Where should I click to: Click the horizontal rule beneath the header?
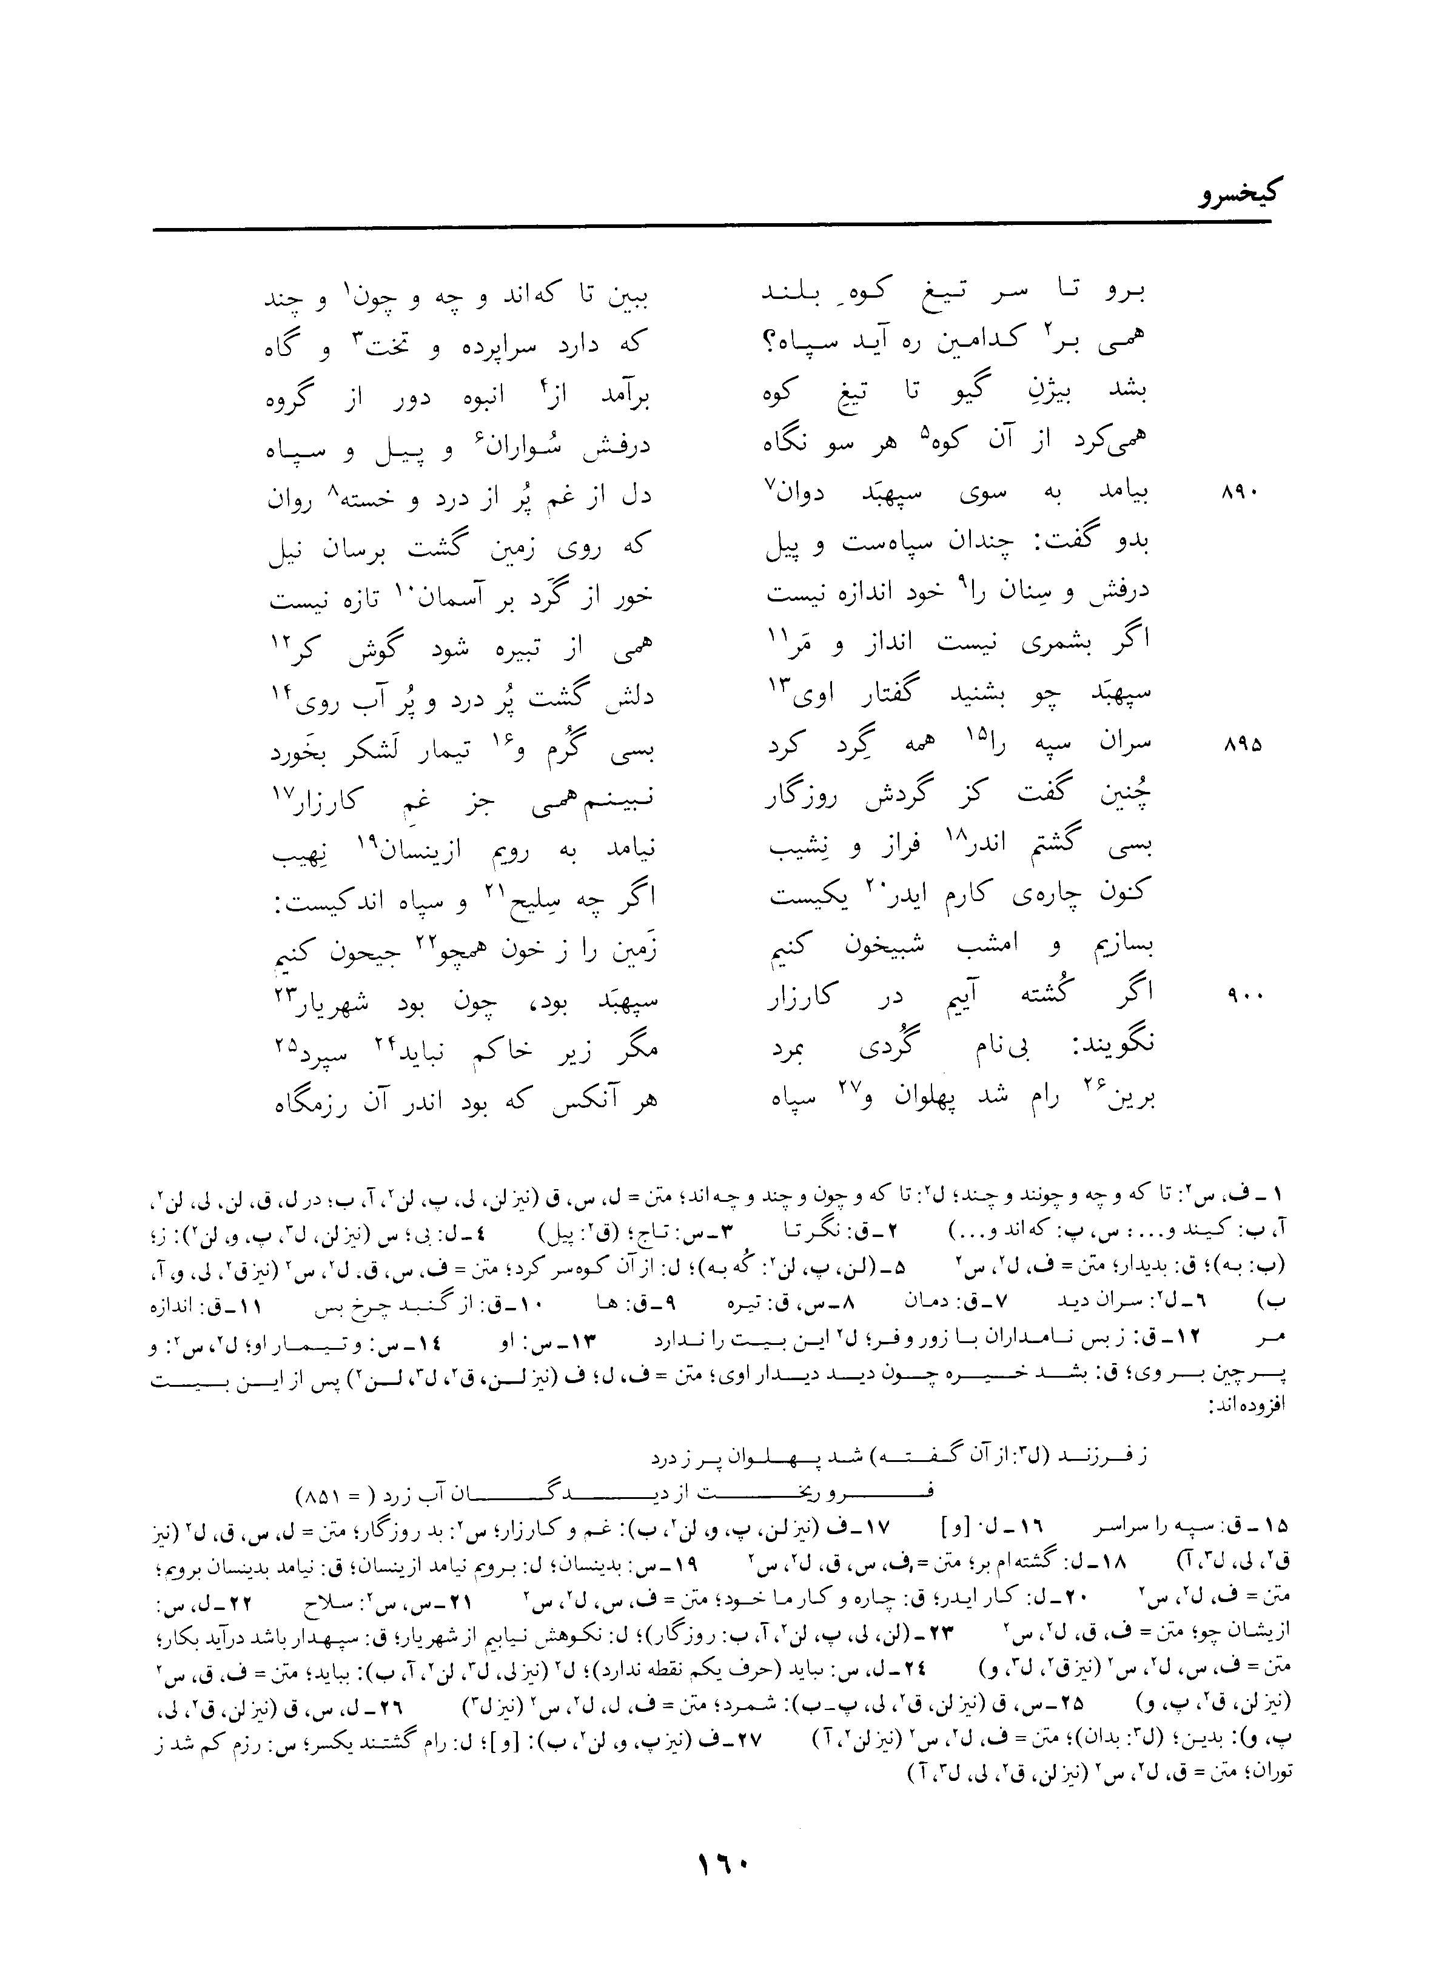click(711, 229)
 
